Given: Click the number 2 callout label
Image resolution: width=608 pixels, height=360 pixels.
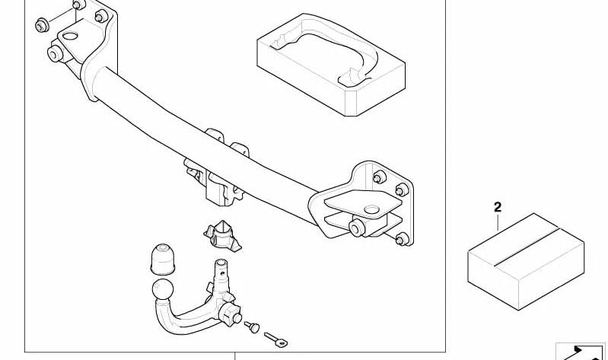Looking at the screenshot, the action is [x=498, y=207].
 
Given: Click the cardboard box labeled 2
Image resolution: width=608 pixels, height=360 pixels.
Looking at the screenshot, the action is [x=526, y=261].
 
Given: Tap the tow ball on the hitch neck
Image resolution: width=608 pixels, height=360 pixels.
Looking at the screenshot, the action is [x=163, y=289].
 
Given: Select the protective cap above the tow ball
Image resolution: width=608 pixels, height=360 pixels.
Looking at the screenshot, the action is [x=163, y=260].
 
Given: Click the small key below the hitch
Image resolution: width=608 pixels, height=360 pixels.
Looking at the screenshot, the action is [x=276, y=339].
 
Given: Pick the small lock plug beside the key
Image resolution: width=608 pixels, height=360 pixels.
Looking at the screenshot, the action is [x=252, y=327].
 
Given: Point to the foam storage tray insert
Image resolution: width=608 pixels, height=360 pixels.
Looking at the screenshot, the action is [x=331, y=65].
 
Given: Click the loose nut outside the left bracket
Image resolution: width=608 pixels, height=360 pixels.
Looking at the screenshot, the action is [x=42, y=26].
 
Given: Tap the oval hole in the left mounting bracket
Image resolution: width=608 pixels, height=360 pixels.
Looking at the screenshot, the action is [x=70, y=36].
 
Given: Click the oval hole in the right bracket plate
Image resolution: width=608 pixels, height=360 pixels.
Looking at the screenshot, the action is [x=371, y=209].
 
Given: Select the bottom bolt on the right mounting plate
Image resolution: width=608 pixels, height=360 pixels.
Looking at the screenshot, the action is [x=402, y=239].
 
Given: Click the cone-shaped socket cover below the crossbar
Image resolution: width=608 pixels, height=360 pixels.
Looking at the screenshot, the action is [x=222, y=235].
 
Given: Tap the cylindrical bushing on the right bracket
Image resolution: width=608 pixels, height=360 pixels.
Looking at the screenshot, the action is [x=357, y=228].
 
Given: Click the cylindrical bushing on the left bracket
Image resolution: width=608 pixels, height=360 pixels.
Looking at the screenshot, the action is [x=55, y=53].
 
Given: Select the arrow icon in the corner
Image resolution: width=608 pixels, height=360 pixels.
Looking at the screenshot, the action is [x=581, y=352].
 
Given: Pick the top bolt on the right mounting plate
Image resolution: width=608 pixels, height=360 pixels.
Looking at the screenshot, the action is [x=379, y=177].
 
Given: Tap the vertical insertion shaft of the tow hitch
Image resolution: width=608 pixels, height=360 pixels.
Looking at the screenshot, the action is [x=221, y=276].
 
